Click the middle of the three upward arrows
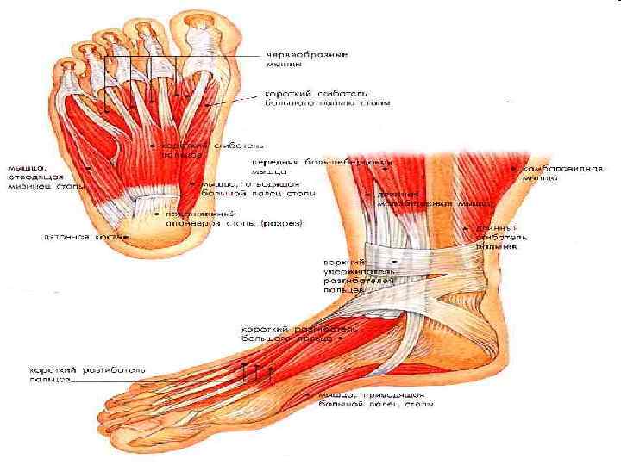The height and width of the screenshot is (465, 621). click(257, 372)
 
